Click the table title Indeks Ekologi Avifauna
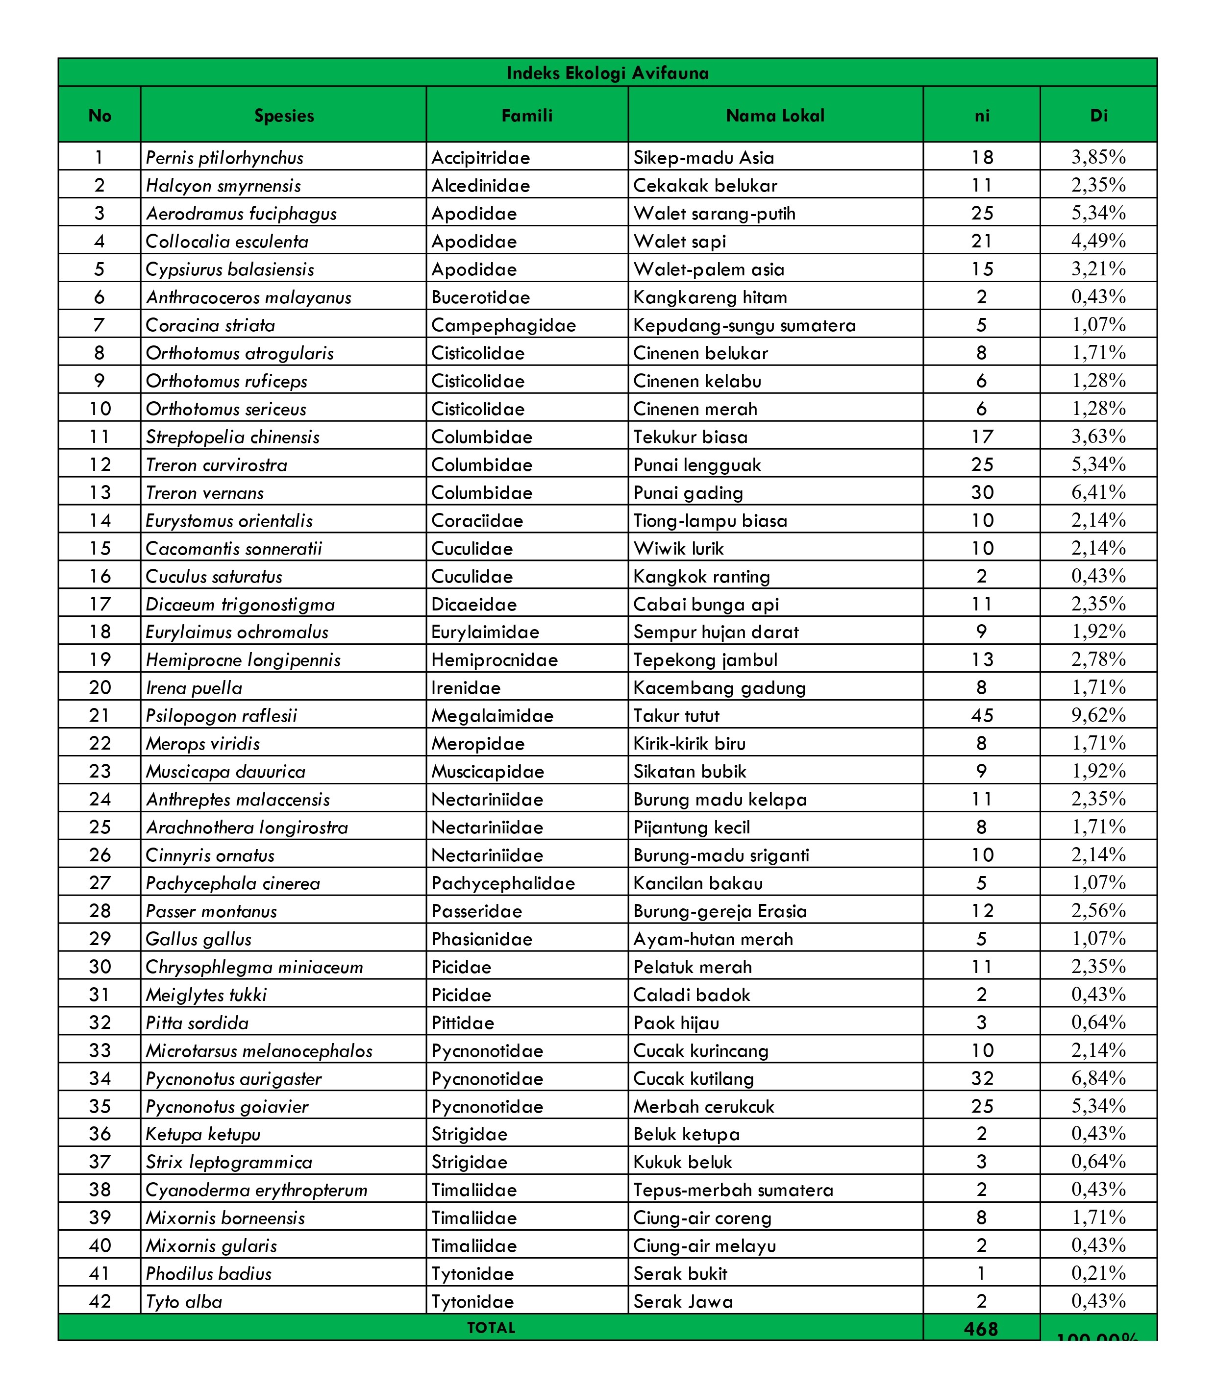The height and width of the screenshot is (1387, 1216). [607, 73]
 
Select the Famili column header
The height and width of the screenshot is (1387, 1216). [526, 115]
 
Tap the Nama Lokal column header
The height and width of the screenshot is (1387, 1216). [775, 115]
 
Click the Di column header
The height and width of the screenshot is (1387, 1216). [1098, 115]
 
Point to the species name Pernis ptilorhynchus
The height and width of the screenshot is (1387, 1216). [224, 158]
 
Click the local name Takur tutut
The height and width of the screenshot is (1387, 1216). [676, 715]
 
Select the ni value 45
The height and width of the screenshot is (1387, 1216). [981, 715]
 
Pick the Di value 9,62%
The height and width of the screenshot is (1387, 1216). [1098, 715]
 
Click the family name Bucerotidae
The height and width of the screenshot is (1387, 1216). [480, 297]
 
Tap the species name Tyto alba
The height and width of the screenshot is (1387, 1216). [184, 1302]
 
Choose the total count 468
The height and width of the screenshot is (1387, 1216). [981, 1329]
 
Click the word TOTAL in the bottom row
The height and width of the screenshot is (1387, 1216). [491, 1327]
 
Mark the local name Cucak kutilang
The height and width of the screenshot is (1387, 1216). [694, 1078]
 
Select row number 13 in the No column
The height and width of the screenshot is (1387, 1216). [100, 492]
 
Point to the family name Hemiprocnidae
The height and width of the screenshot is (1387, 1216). [494, 660]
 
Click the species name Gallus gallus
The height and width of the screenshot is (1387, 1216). [199, 939]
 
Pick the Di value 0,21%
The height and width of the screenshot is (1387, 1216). [1098, 1273]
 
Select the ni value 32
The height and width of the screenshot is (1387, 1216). [981, 1078]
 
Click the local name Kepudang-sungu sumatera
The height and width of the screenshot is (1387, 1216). [744, 325]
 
